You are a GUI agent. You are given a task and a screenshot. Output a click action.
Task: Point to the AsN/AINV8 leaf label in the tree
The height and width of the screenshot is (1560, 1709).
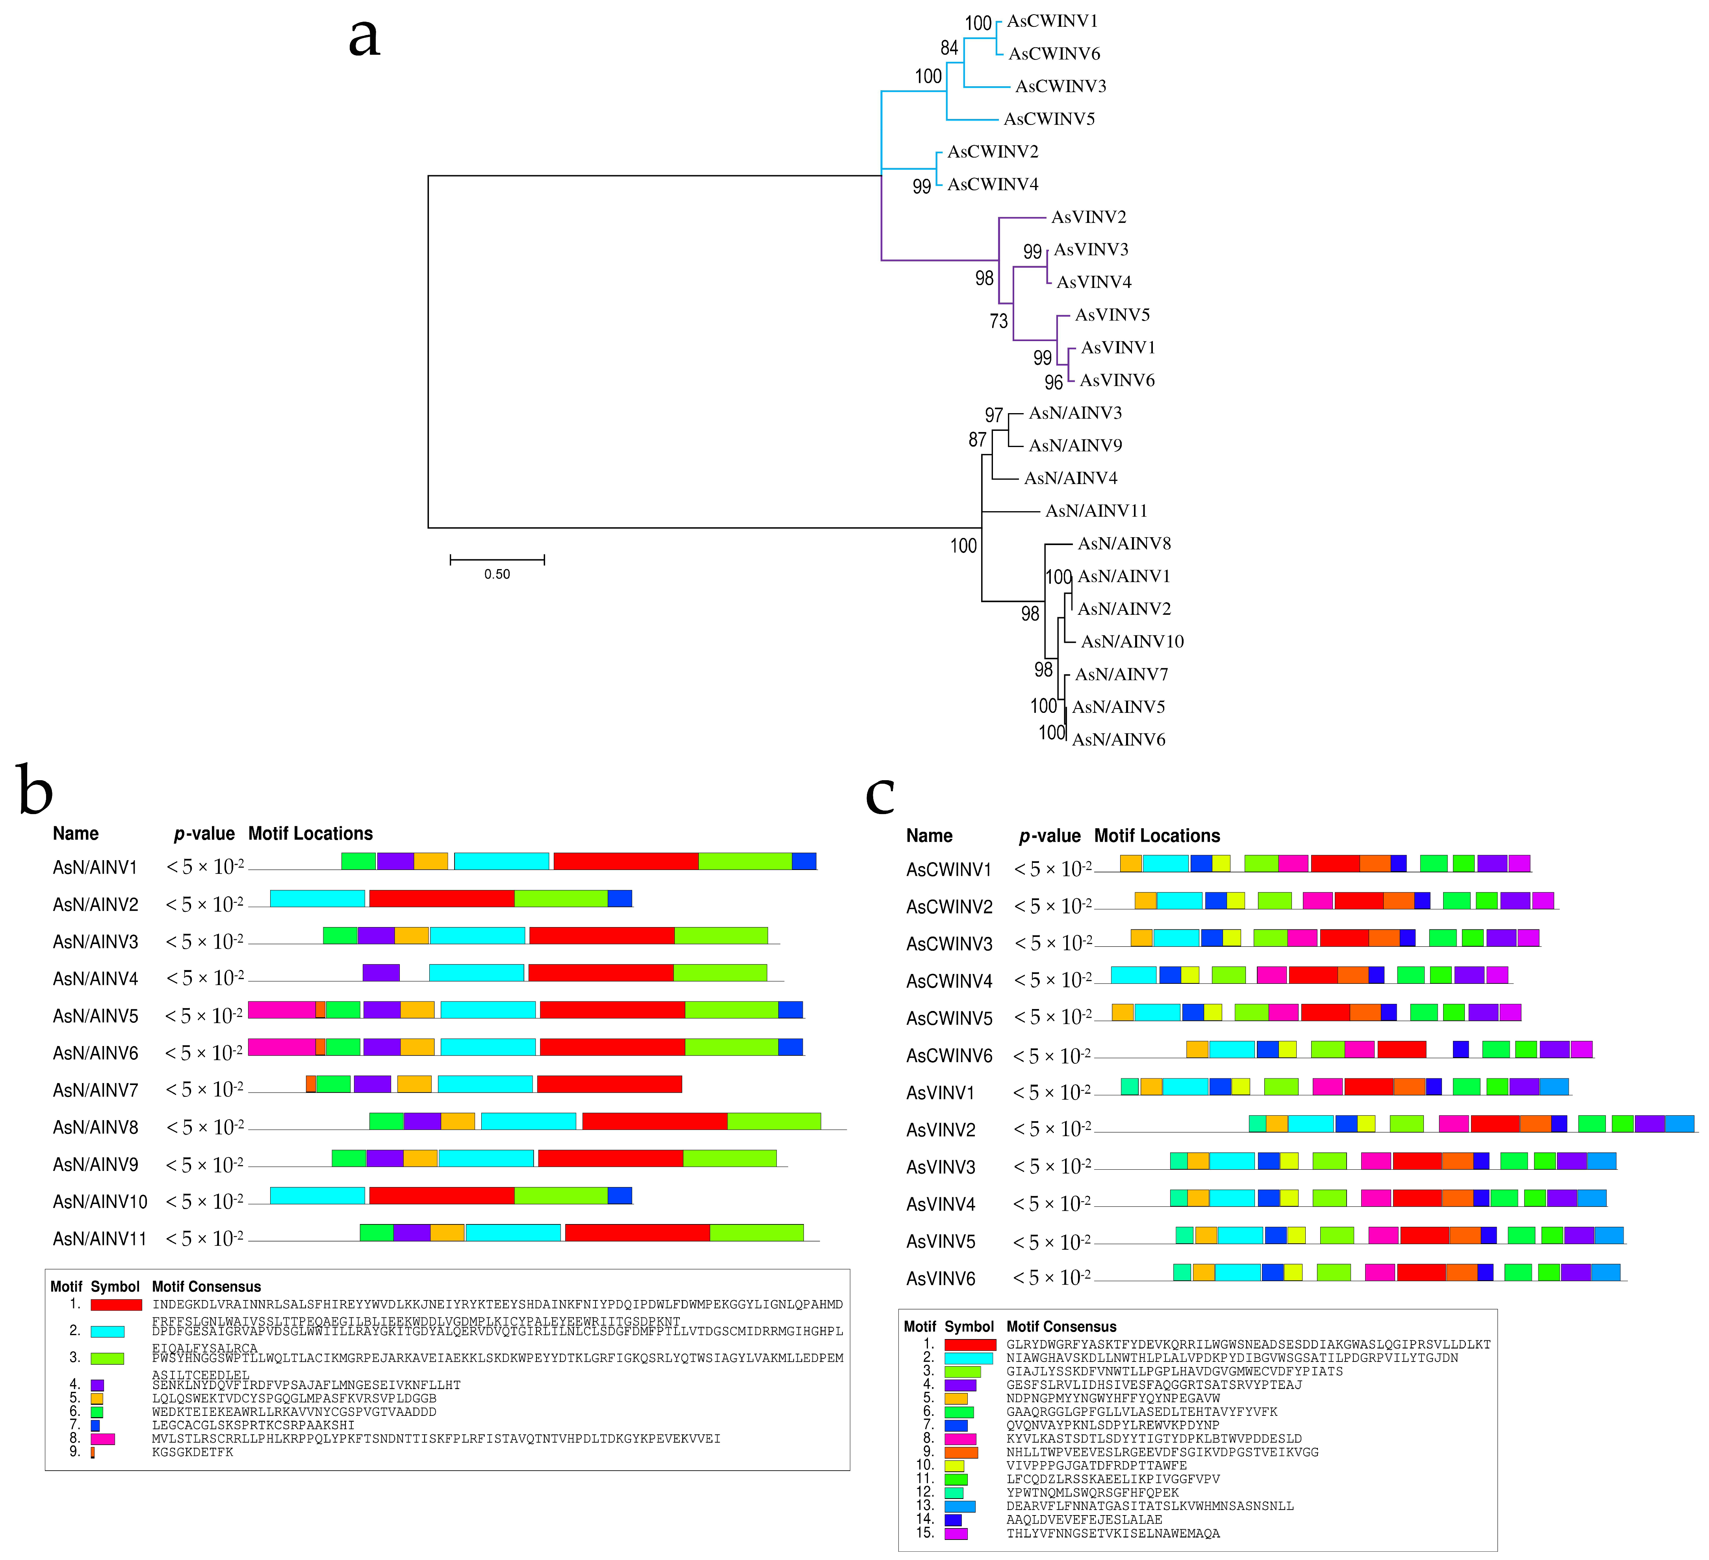(1124, 543)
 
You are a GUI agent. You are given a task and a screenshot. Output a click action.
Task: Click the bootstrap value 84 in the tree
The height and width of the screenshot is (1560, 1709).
(950, 48)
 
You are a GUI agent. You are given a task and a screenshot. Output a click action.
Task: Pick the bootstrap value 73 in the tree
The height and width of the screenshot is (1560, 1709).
(998, 321)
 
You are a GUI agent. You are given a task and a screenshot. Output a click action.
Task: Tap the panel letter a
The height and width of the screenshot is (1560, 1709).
(364, 38)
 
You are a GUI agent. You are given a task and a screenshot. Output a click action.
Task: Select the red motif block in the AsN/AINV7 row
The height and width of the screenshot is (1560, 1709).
(609, 1083)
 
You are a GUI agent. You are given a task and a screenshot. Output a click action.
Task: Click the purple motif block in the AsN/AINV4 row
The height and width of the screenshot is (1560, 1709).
(380, 972)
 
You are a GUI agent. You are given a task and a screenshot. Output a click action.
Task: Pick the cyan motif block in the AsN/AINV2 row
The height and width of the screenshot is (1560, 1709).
(317, 898)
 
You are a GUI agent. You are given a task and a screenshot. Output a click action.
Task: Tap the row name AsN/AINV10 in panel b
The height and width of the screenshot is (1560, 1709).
(100, 1202)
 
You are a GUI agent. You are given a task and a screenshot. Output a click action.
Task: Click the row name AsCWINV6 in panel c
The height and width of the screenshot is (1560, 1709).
(948, 1055)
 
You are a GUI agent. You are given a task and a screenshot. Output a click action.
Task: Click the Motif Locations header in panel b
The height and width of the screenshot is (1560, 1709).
(310, 833)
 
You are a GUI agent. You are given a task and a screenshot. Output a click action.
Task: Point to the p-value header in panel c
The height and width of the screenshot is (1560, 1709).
(1050, 836)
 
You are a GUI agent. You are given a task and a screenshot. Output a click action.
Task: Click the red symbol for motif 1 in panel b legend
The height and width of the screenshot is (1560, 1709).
(116, 1305)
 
